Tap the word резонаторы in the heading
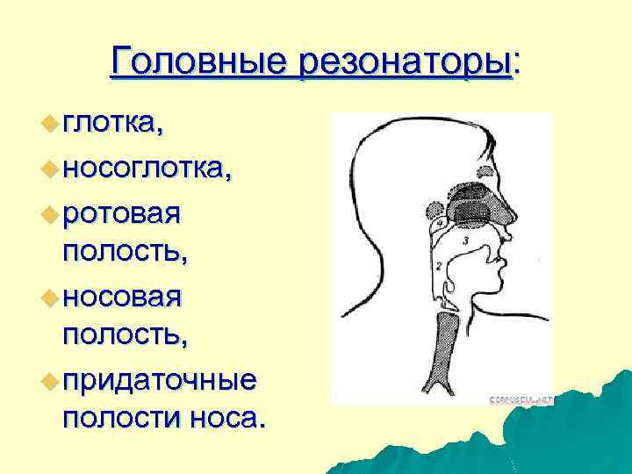[403, 61]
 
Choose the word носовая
[123, 296]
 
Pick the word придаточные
[160, 379]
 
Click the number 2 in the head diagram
[436, 264]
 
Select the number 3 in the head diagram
[466, 239]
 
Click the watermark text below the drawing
[521, 399]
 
